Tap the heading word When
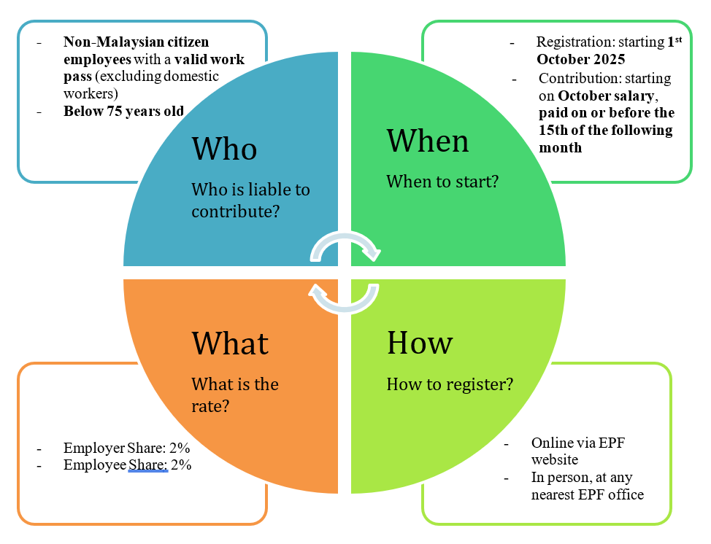tap(428, 140)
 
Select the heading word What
tap(230, 342)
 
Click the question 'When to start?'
tap(442, 181)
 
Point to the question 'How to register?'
tap(450, 384)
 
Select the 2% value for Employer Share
tap(180, 448)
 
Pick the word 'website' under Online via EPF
tap(554, 459)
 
